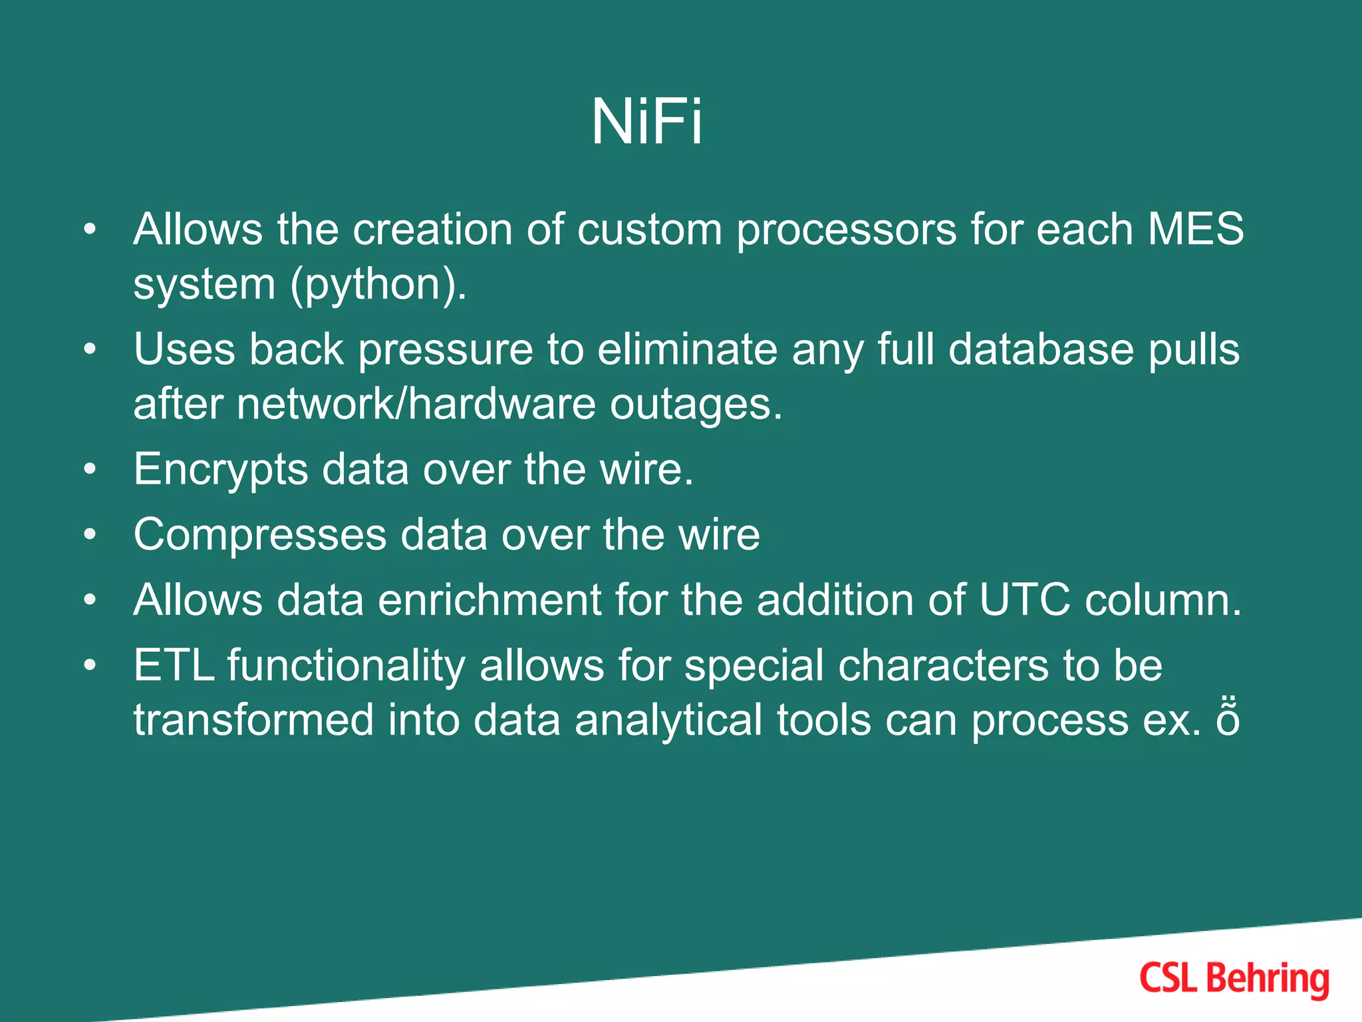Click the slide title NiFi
(646, 122)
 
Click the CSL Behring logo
(1234, 979)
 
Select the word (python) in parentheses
(378, 285)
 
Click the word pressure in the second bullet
(446, 351)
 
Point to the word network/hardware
(416, 404)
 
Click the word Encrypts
(221, 470)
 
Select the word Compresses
(260, 534)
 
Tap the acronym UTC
(1024, 600)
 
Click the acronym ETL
(174, 665)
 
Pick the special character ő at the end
(1228, 720)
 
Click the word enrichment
(489, 600)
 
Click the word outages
(696, 405)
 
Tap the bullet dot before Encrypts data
(90, 469)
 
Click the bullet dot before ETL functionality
(90, 665)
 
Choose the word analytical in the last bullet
(668, 721)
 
